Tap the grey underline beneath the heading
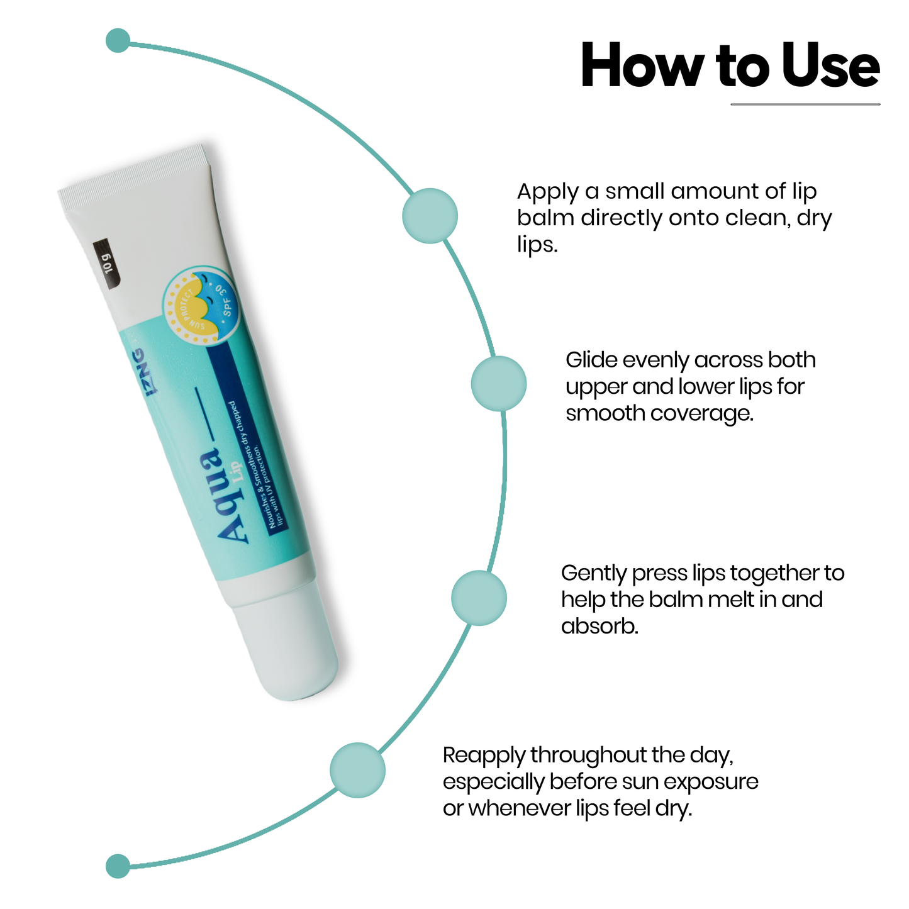(805, 104)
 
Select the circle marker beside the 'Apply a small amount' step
(430, 216)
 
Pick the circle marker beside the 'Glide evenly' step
(498, 384)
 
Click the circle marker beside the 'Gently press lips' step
(479, 598)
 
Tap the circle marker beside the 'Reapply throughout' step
(357, 770)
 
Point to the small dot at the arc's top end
(118, 40)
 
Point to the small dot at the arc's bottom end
(118, 866)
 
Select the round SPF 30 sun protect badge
(199, 306)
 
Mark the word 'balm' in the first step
(545, 218)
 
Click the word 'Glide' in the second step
(592, 360)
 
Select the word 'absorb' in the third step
(598, 627)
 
